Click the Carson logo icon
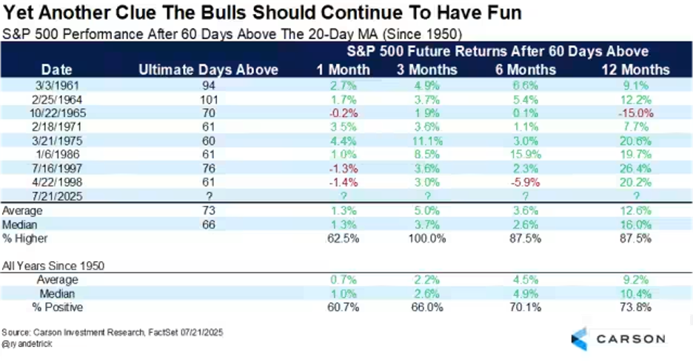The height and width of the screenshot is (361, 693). [580, 339]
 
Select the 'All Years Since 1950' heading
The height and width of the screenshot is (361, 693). [54, 265]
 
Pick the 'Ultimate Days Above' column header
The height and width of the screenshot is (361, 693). [208, 70]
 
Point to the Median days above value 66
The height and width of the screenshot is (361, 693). [208, 225]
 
